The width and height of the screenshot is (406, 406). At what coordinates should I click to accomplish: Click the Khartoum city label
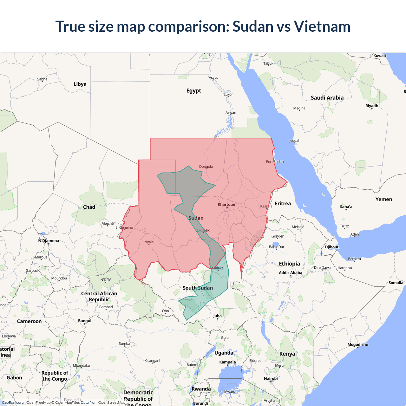click(227, 205)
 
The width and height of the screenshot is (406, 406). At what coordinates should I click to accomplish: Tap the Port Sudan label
click(275, 162)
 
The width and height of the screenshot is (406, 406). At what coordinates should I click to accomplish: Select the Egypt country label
click(194, 91)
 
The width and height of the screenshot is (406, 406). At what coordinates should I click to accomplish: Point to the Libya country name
click(80, 84)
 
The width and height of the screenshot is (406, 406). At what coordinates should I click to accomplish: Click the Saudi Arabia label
click(327, 98)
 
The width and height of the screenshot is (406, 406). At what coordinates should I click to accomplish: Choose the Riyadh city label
click(372, 106)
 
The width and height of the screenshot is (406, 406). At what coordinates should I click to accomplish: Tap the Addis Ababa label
click(291, 273)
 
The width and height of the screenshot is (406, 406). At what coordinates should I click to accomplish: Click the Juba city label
click(217, 316)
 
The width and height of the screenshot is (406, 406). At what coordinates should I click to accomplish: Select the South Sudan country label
click(198, 288)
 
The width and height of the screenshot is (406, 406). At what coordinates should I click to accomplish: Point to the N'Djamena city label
click(49, 241)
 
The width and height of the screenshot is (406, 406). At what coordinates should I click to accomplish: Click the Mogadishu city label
click(358, 344)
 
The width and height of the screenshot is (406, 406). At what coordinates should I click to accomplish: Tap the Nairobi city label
click(271, 378)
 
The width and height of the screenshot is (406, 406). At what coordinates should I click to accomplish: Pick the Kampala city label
click(227, 362)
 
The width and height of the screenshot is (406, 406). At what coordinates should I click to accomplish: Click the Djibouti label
click(332, 247)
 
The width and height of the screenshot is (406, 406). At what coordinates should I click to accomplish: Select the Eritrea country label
click(283, 204)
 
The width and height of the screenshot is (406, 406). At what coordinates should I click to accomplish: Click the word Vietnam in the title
click(322, 26)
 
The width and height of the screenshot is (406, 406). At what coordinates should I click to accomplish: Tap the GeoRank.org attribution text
click(13, 403)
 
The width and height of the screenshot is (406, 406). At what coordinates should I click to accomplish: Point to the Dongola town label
click(206, 167)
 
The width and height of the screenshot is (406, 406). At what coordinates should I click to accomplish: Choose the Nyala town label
click(149, 242)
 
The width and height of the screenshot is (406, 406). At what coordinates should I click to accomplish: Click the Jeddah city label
click(295, 141)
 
